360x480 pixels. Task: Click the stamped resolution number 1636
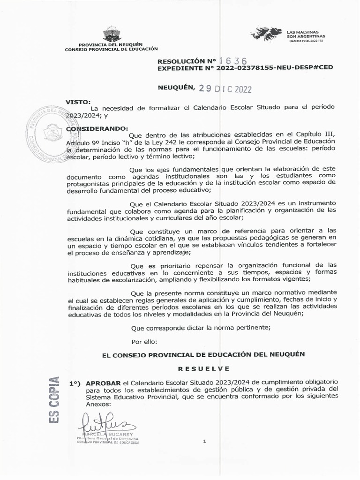(232, 61)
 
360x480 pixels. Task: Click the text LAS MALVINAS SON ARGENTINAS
(306, 33)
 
